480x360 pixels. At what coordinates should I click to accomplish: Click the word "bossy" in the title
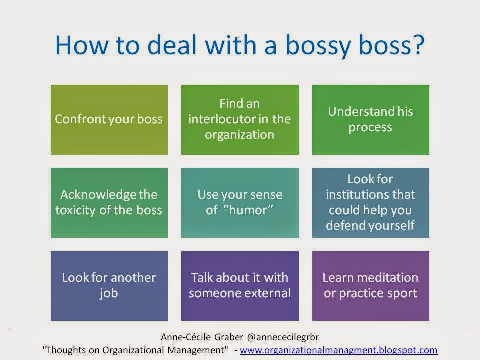tap(318, 46)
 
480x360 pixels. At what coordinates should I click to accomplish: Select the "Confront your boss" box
tap(109, 119)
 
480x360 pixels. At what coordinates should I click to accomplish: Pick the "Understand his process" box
tap(370, 119)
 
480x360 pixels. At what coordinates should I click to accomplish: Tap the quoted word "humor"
tap(248, 210)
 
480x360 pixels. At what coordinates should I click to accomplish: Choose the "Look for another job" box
tap(109, 286)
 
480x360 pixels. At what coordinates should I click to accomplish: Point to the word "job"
tap(109, 294)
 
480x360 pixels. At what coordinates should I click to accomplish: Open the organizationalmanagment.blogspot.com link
tap(338, 350)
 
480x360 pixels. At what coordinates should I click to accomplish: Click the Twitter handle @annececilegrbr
tap(283, 337)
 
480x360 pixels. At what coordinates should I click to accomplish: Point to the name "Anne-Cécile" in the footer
tap(186, 337)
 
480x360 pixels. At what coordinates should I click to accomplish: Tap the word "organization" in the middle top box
tap(239, 135)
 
